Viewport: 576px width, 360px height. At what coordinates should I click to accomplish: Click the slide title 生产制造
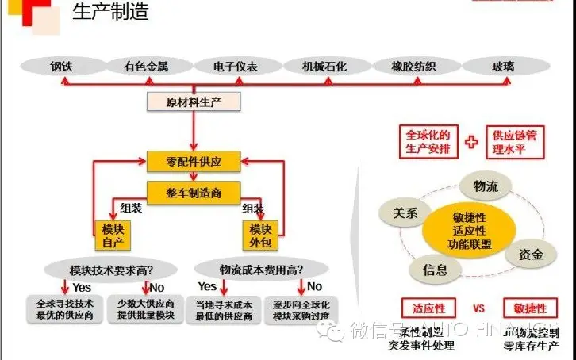coord(110,13)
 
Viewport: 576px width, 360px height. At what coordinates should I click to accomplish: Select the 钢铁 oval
coord(60,67)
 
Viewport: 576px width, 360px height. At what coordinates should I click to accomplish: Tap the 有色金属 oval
coord(145,67)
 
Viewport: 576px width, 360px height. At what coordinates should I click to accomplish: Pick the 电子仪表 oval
coord(236,67)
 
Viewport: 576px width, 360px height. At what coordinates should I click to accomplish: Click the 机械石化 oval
coord(324,67)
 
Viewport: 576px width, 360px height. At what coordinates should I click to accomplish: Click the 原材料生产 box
coord(194,101)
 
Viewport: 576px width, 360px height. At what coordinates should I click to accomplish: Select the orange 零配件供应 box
coord(194,161)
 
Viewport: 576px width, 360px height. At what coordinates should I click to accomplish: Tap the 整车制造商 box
coord(194,191)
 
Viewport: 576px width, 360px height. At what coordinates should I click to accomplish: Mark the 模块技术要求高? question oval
coord(109,268)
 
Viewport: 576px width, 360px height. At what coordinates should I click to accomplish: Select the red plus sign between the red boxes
coord(472,142)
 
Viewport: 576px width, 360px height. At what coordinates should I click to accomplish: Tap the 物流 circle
coord(485,186)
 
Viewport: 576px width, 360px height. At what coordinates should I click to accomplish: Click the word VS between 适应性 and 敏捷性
coord(478,308)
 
